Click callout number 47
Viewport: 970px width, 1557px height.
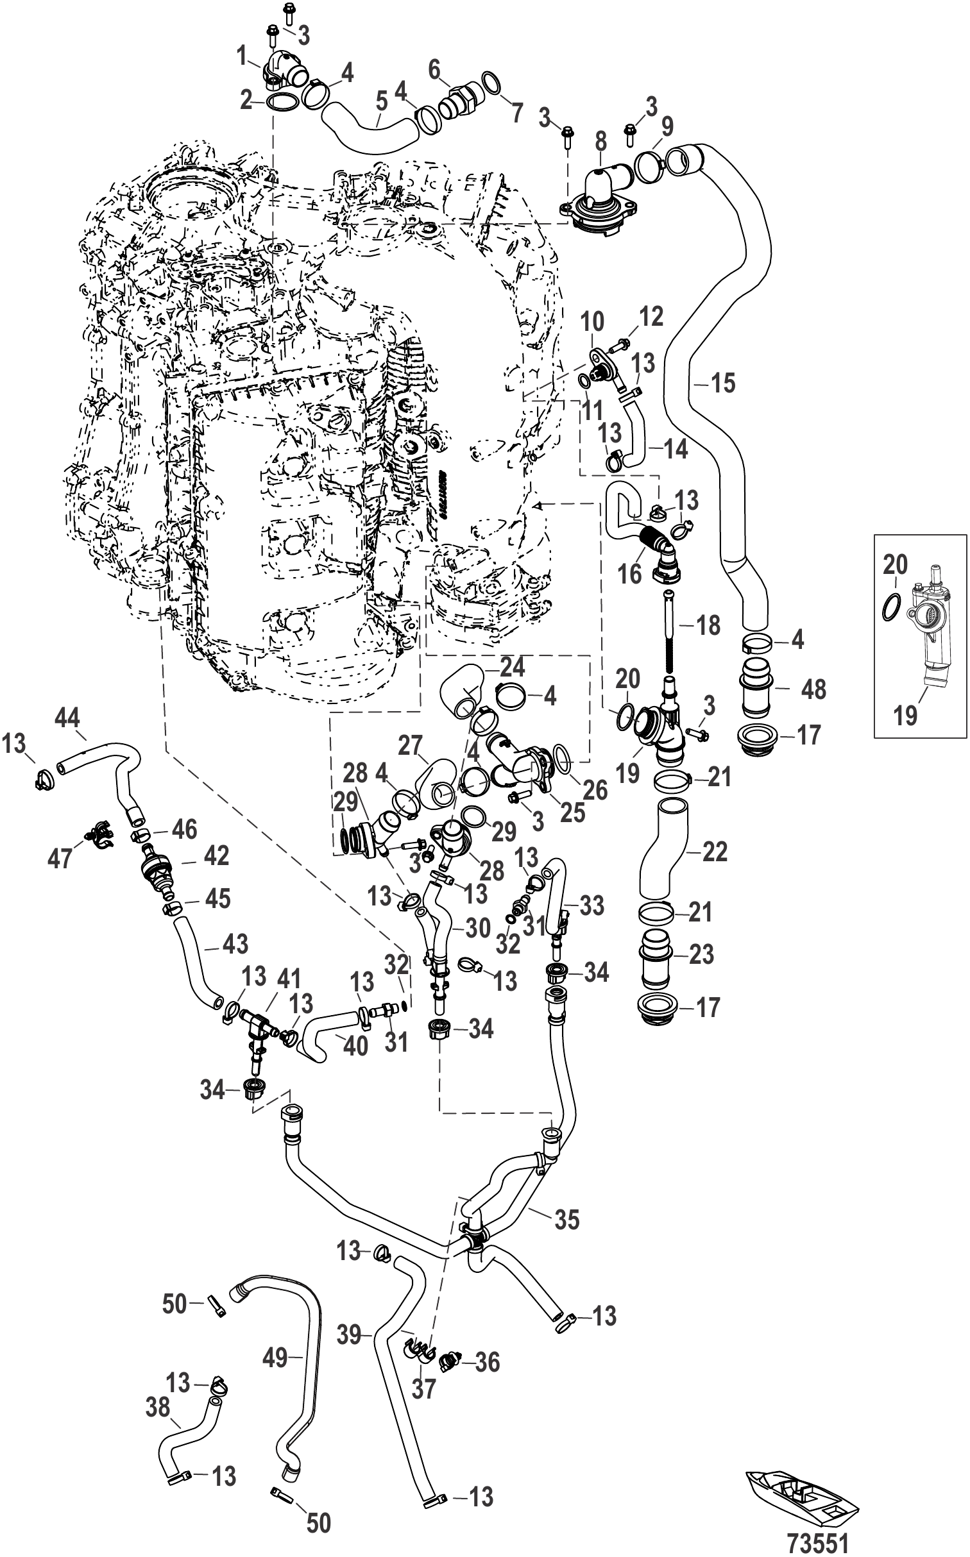pyautogui.click(x=62, y=858)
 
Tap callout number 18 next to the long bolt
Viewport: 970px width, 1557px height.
pyautogui.click(x=708, y=625)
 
